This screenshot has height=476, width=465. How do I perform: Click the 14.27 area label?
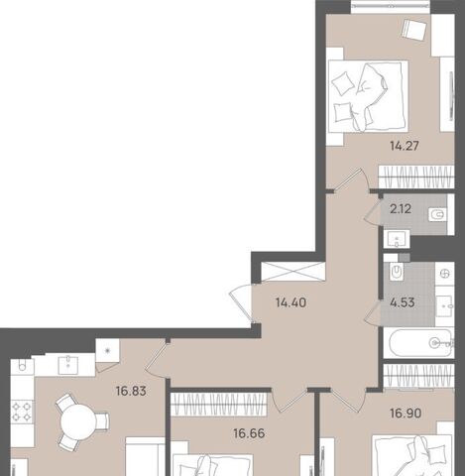pyautogui.click(x=405, y=146)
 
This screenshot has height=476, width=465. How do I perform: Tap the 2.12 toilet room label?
pyautogui.click(x=401, y=209)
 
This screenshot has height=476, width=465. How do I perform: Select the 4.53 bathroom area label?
pyautogui.click(x=403, y=302)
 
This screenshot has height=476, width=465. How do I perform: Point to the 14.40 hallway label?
pyautogui.click(x=291, y=302)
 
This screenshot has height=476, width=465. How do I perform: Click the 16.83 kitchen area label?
pyautogui.click(x=131, y=392)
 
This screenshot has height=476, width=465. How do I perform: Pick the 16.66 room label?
pyautogui.click(x=249, y=433)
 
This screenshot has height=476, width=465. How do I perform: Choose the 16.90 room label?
pyautogui.click(x=406, y=414)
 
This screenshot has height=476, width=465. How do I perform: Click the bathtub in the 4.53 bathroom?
pyautogui.click(x=419, y=343)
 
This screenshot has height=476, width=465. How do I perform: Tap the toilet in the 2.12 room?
pyautogui.click(x=437, y=214)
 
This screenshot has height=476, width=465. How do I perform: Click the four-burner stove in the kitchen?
pyautogui.click(x=22, y=412)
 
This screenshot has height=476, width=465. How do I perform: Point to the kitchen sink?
pyautogui.click(x=68, y=365)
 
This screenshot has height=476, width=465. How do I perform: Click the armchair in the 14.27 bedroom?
pyautogui.click(x=413, y=29)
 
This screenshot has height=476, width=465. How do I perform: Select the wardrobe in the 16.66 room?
pyautogui.click(x=219, y=405)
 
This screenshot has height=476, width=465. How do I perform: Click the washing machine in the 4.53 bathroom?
pyautogui.click(x=445, y=274)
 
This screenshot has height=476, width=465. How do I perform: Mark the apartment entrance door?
pyautogui.click(x=243, y=304)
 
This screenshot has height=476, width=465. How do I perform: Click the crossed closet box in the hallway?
pyautogui.click(x=292, y=272)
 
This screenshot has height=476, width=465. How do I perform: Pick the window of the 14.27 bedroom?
pyautogui.click(x=391, y=6)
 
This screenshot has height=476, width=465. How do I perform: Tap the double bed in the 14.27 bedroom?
pyautogui.click(x=368, y=96)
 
